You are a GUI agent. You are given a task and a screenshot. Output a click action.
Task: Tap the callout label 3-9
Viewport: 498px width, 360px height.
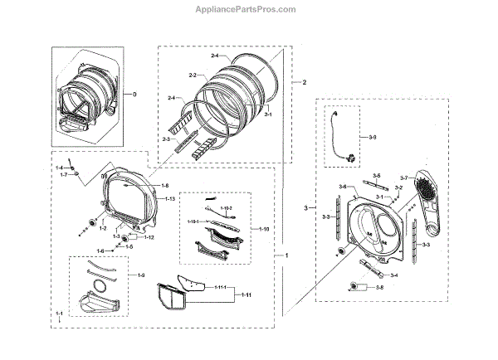(x=373, y=136)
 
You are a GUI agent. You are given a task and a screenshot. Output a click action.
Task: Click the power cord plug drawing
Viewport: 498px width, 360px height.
(x=348, y=153)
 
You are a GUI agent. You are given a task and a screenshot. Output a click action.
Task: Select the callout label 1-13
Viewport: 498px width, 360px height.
(x=169, y=200)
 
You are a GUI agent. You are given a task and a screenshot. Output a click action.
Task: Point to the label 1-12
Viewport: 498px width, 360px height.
(x=149, y=237)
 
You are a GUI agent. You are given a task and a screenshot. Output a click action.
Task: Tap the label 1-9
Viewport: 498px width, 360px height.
(x=141, y=275)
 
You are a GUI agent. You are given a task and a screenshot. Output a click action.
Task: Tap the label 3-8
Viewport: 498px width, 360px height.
(x=378, y=287)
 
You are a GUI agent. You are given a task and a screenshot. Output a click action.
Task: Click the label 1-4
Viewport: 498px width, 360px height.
(x=60, y=168)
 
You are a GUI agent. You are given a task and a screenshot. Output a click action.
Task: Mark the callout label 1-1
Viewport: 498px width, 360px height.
(x=60, y=313)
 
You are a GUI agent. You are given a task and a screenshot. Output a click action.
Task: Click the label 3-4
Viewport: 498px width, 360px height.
(x=393, y=275)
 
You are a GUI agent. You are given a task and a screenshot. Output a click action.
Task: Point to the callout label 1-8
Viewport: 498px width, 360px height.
(x=165, y=185)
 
